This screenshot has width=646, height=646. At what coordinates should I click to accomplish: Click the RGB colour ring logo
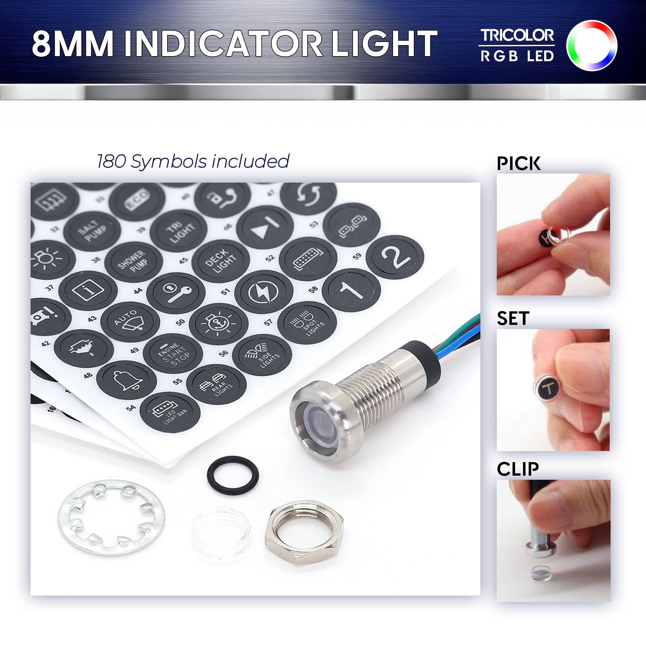[591, 45]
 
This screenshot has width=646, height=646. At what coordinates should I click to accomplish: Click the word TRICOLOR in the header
[517, 35]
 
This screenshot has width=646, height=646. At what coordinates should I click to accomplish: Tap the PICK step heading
[518, 163]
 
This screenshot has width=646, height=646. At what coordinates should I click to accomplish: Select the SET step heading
[513, 318]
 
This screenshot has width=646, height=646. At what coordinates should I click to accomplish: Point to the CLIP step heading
[518, 469]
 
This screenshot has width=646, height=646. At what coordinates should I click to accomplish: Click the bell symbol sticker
[126, 380]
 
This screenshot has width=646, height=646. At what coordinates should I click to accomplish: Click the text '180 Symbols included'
[193, 161]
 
